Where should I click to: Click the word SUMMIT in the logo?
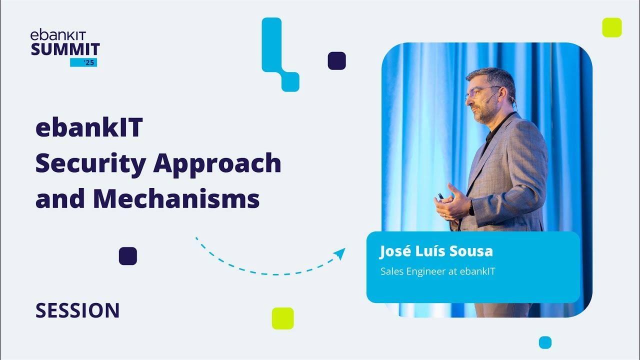(x=65, y=49)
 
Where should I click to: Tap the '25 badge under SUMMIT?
(x=83, y=62)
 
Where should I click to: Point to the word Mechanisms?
(x=176, y=198)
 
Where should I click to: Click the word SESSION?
(x=77, y=311)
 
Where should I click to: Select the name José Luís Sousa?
(x=436, y=251)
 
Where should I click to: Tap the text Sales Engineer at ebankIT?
(x=437, y=271)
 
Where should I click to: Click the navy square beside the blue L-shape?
(x=336, y=60)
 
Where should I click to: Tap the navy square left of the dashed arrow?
(x=127, y=256)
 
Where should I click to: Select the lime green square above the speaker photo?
(x=611, y=27)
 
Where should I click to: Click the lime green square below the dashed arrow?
(x=282, y=318)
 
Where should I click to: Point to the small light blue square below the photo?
(x=545, y=342)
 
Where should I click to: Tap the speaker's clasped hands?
(x=451, y=202)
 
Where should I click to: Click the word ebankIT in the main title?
(x=89, y=128)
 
